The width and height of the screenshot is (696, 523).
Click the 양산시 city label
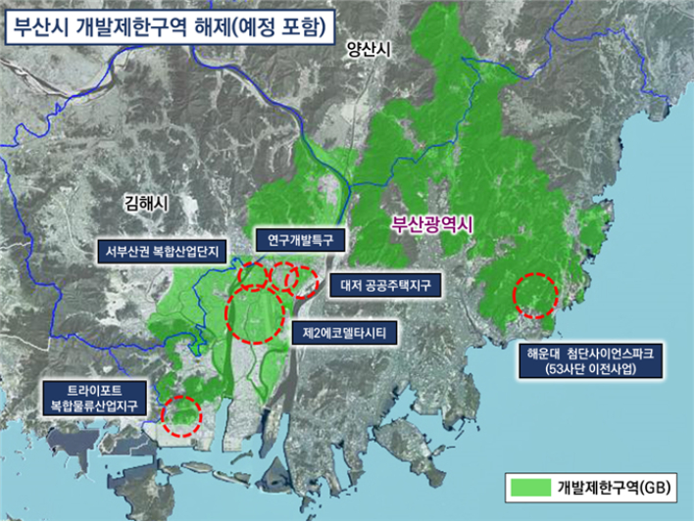tap(368, 51)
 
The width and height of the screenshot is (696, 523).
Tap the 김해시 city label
tap(148, 205)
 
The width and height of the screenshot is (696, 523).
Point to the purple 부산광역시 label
tap(431, 224)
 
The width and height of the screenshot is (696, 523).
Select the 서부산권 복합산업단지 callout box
tap(165, 251)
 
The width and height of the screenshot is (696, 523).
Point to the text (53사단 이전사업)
tap(590, 370)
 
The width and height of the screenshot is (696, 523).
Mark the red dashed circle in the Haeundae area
tap(535, 294)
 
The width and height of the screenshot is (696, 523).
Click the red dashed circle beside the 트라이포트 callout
tap(181, 415)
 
